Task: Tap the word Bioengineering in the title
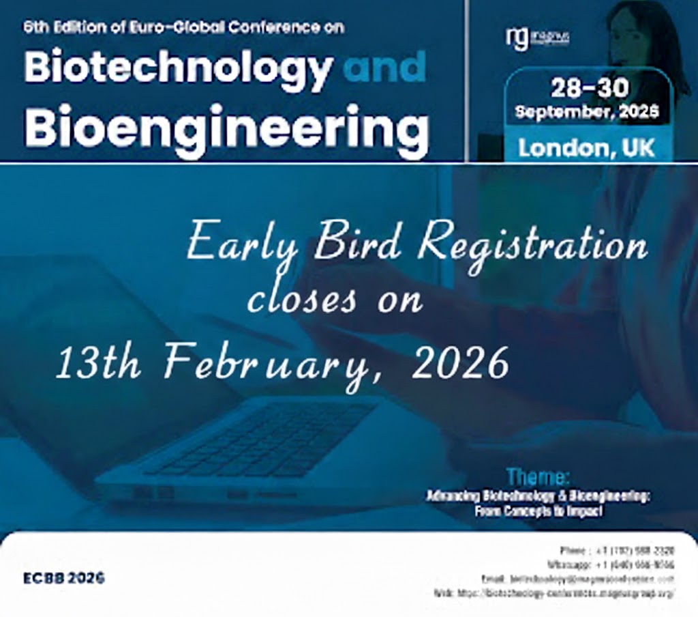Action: [226, 128]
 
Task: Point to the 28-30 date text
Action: [590, 89]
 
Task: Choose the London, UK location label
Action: [586, 147]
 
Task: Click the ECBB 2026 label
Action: [64, 577]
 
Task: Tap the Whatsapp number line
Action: [610, 564]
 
